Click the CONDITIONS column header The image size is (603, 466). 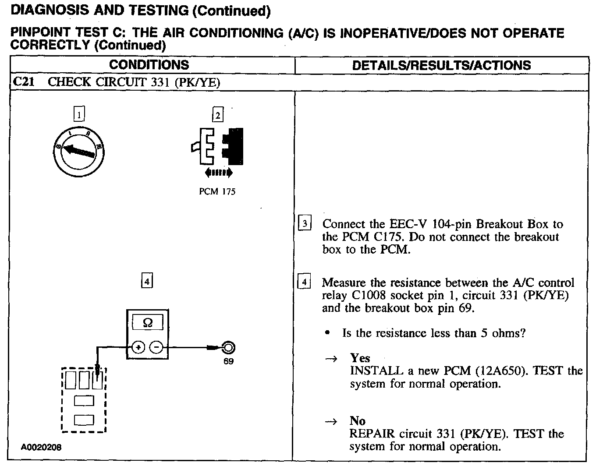pyautogui.click(x=149, y=65)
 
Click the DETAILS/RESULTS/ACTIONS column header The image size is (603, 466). pyautogui.click(x=441, y=66)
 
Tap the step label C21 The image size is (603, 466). pyautogui.click(x=24, y=82)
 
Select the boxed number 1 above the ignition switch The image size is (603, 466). pyautogui.click(x=79, y=115)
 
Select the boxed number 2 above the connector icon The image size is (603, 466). pyautogui.click(x=217, y=115)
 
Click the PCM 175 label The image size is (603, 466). pyautogui.click(x=217, y=191)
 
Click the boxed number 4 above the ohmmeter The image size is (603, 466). pyautogui.click(x=147, y=281)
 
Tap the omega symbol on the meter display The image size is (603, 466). pyautogui.click(x=148, y=323)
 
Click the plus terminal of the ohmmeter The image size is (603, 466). pyautogui.click(x=138, y=348)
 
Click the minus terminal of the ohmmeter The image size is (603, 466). pyautogui.click(x=156, y=348)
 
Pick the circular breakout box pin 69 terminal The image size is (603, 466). pyautogui.click(x=228, y=348)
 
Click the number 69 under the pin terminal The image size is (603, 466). pyautogui.click(x=228, y=361)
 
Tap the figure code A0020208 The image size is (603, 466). pyautogui.click(x=42, y=447)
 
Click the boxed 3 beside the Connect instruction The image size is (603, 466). pyautogui.click(x=305, y=224)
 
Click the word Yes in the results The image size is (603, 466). pyautogui.click(x=360, y=358)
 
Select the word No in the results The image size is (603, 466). pyautogui.click(x=358, y=421)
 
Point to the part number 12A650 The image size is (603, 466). pyautogui.click(x=501, y=371)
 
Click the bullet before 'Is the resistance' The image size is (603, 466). pyautogui.click(x=327, y=333)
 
